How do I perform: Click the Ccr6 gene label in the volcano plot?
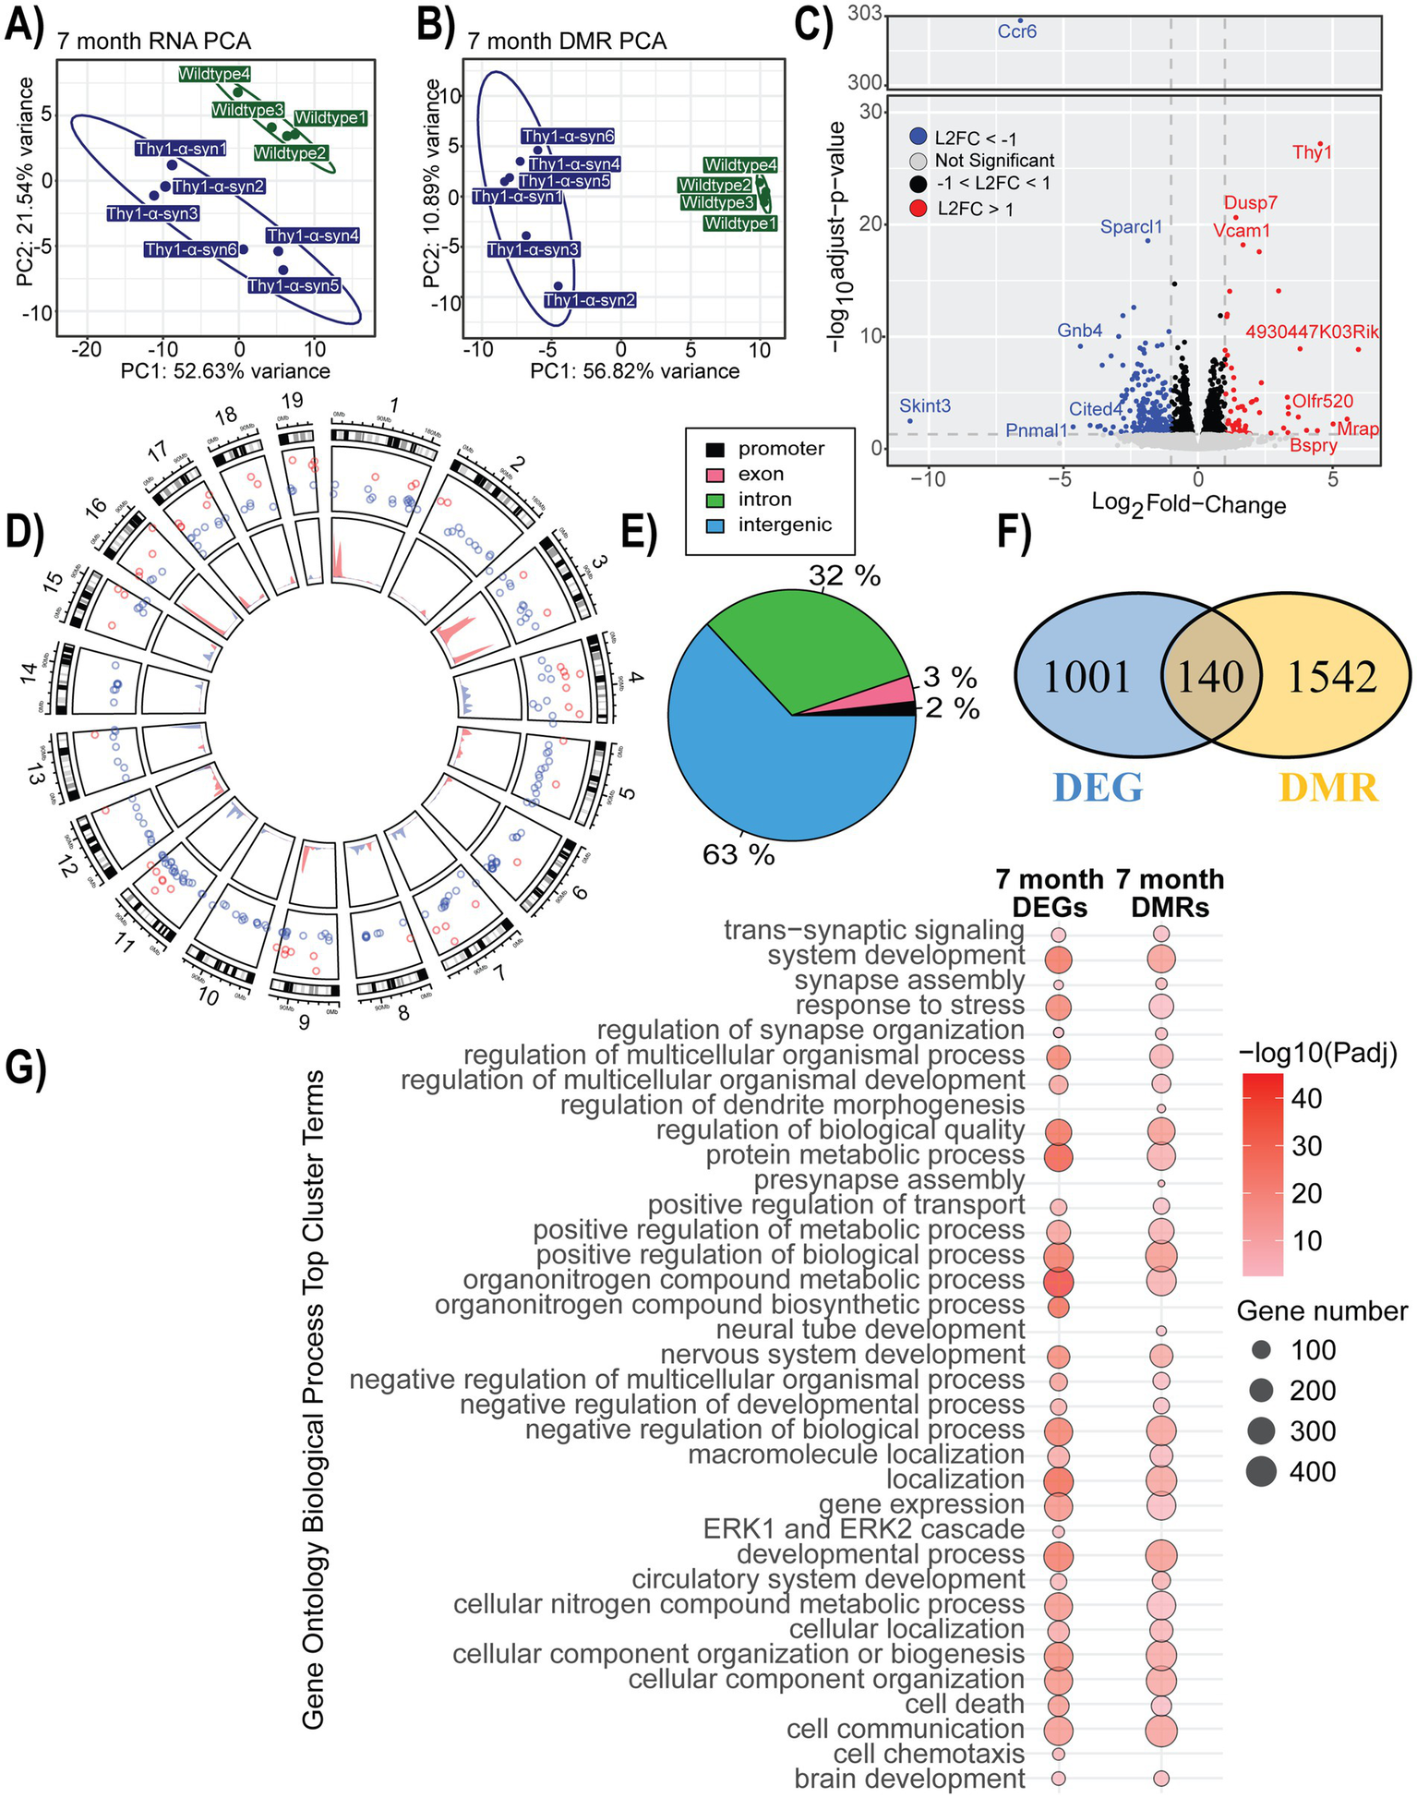[x=1017, y=31]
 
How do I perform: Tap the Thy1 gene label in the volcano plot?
[x=1312, y=152]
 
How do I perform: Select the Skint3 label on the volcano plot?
[x=925, y=405]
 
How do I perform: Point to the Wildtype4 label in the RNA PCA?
[x=214, y=75]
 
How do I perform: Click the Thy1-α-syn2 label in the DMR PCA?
[x=590, y=300]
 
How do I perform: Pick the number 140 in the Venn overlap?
[x=1211, y=676]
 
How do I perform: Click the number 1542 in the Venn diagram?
[x=1331, y=677]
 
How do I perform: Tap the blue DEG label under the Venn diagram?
[x=1098, y=787]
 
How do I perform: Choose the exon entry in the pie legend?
[x=761, y=475]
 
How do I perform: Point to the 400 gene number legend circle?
[x=1260, y=1471]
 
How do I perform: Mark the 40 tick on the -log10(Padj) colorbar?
[x=1305, y=1099]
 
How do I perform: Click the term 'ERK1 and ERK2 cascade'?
[x=863, y=1529]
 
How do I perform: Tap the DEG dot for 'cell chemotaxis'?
[x=1059, y=1754]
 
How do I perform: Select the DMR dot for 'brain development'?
[x=1161, y=1779]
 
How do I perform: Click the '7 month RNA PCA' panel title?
[x=153, y=42]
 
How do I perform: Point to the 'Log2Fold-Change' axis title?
[x=1189, y=504]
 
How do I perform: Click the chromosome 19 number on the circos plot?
[x=292, y=401]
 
